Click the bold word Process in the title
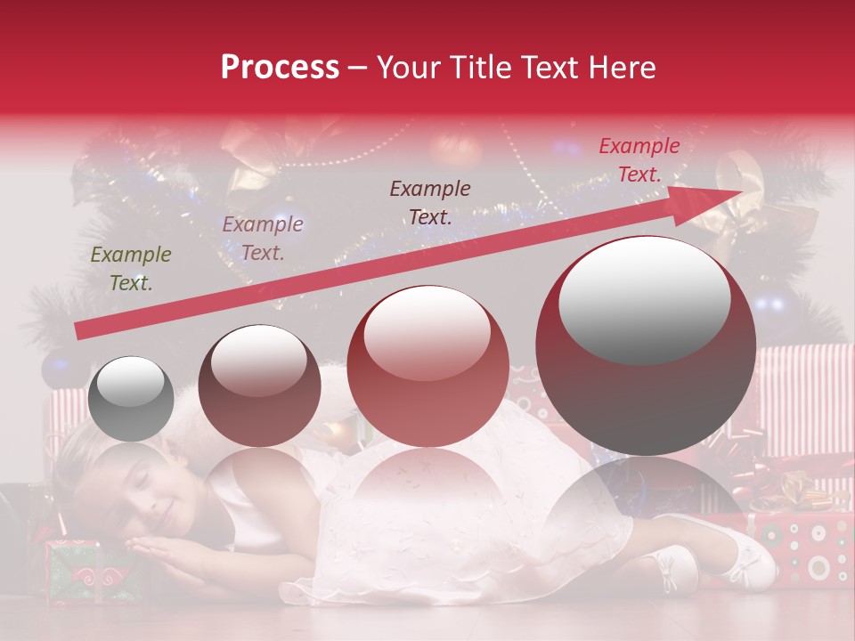(280, 68)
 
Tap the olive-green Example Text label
(131, 268)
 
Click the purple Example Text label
(262, 239)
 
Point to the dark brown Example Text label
(430, 202)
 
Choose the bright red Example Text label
(639, 160)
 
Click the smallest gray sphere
(131, 398)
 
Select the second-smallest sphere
(259, 385)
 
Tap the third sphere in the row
(428, 366)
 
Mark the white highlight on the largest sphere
(644, 297)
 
